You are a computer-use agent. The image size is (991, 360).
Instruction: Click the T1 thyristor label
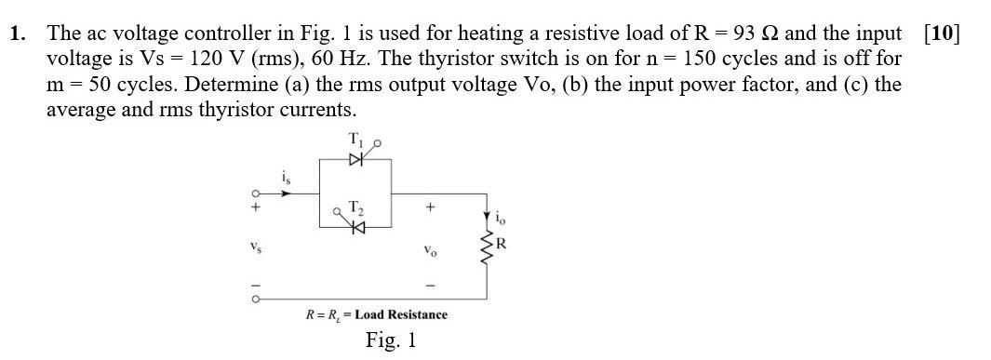[354, 140]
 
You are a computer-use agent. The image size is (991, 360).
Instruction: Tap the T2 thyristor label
[354, 207]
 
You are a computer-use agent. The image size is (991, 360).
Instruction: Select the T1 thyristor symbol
[354, 160]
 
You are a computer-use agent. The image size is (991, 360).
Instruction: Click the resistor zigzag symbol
[484, 247]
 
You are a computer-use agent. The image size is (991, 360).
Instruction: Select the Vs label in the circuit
[252, 248]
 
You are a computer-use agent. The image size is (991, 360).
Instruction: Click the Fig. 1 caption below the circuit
[390, 340]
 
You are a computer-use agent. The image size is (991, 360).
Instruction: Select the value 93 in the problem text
[743, 35]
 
